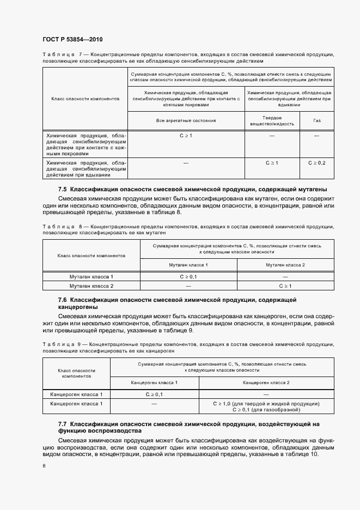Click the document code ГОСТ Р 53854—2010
[72, 40]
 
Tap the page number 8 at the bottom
[44, 466]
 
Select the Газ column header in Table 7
[316, 120]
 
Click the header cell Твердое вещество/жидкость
[272, 121]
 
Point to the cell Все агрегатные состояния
[186, 120]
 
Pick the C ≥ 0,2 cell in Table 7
[316, 163]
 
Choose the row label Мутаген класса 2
[91, 286]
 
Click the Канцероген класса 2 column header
[266, 382]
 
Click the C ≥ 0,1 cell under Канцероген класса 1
[154, 394]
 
